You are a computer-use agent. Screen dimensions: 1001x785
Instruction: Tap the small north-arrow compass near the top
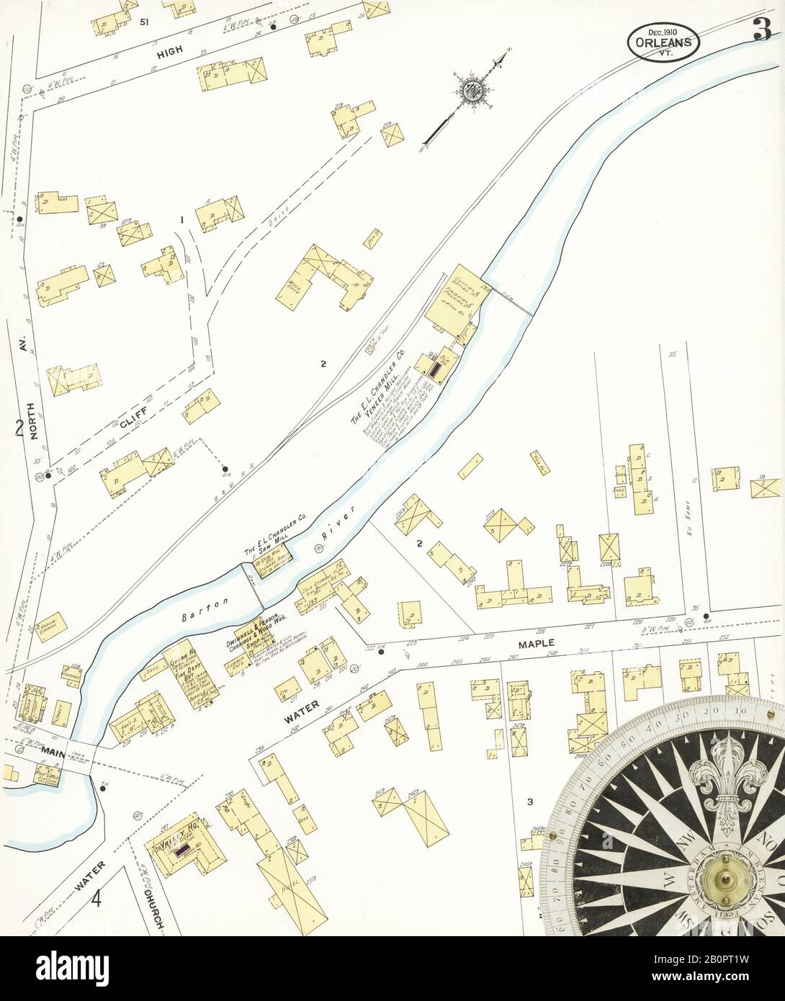pos(472,90)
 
